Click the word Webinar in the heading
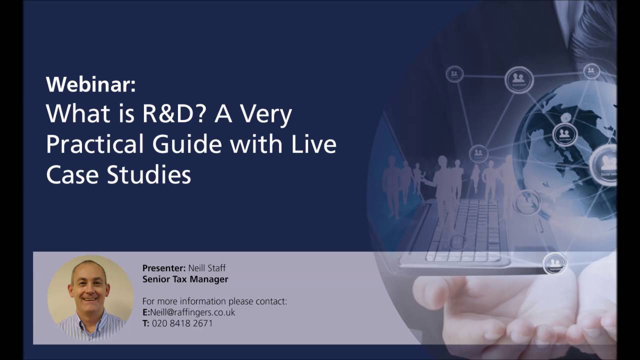(x=90, y=84)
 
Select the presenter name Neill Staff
(x=206, y=268)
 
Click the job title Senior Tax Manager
(x=185, y=279)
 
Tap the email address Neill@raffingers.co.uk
(x=192, y=312)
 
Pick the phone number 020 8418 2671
(x=182, y=323)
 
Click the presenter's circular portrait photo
(x=90, y=298)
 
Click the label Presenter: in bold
(x=164, y=268)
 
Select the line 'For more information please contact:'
(x=214, y=301)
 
